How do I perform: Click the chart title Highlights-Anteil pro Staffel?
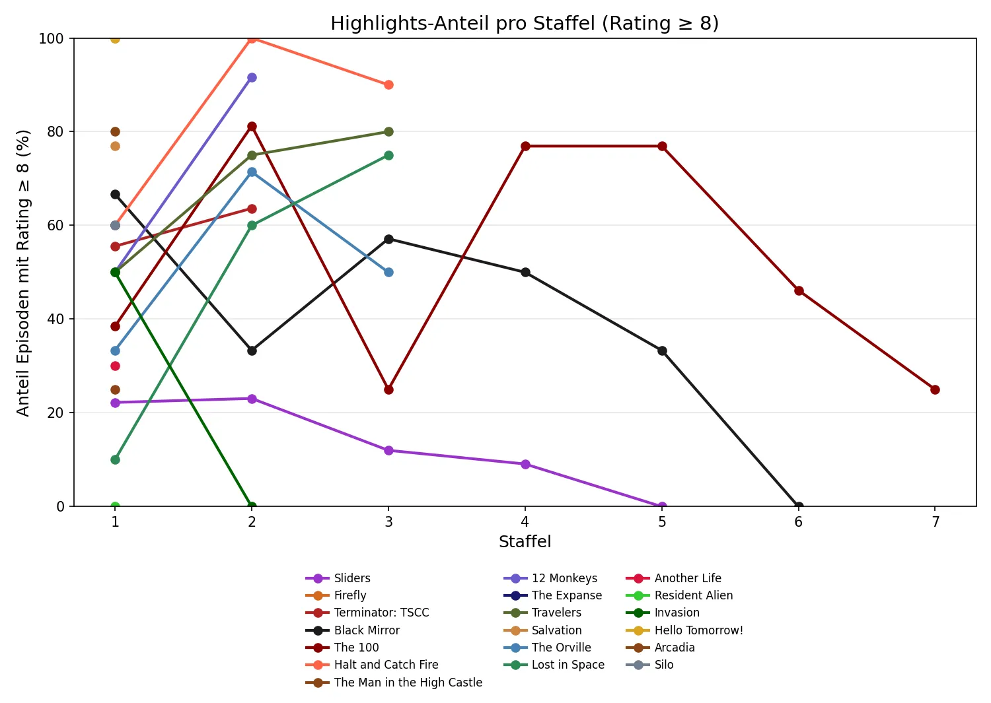(524, 23)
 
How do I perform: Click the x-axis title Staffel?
(525, 542)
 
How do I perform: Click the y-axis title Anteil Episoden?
(24, 273)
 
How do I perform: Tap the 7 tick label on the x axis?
(935, 522)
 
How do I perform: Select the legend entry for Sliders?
(351, 578)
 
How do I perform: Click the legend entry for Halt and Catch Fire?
(386, 665)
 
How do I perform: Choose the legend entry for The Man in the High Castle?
(408, 683)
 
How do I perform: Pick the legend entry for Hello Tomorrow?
(698, 630)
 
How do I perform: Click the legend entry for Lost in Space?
(568, 665)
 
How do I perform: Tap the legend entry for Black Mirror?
(367, 630)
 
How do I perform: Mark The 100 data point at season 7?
(935, 389)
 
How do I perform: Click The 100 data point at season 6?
(799, 290)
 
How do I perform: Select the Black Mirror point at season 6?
(799, 506)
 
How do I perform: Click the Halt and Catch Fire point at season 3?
(388, 84)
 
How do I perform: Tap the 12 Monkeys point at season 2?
(252, 78)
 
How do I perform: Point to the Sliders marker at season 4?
(525, 464)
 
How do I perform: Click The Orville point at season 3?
(388, 272)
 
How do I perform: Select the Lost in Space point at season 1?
(115, 459)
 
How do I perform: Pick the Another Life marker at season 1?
(115, 366)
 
